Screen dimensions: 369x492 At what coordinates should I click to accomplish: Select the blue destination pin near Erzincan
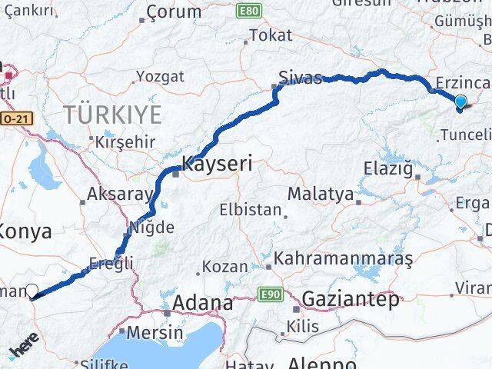tap(460, 102)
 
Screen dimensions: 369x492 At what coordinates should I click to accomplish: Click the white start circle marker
tap(32, 291)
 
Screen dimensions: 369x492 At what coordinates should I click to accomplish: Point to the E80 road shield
tap(270, 12)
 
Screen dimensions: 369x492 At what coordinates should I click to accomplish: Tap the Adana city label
tap(203, 303)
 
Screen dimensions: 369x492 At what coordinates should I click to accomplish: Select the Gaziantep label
tap(351, 299)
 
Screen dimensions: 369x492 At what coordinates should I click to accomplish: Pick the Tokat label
tap(271, 35)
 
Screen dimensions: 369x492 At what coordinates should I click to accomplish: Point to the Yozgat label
tap(160, 76)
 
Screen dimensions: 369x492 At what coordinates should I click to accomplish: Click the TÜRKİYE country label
tap(112, 115)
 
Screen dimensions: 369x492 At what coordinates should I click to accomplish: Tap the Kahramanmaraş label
tap(343, 259)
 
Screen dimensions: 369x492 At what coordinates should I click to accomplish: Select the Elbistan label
tap(247, 208)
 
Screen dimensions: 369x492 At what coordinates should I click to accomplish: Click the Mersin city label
tap(156, 333)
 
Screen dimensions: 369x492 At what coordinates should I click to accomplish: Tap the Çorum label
tap(173, 12)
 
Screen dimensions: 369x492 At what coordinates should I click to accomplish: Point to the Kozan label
tap(224, 267)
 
